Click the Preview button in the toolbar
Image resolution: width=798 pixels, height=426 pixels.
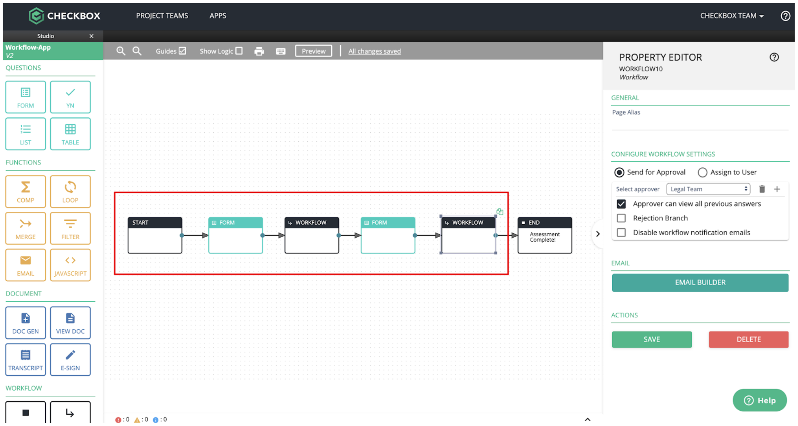click(313, 51)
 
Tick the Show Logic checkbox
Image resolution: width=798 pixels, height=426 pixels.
click(239, 51)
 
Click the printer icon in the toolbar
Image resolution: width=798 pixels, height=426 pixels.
click(259, 51)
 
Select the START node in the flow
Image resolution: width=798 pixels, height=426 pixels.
click(155, 235)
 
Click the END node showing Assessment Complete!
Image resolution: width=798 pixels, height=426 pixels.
click(544, 235)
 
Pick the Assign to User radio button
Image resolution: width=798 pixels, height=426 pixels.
click(702, 173)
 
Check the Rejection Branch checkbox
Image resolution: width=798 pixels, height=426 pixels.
click(621, 218)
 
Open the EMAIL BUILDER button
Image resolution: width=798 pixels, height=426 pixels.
click(700, 282)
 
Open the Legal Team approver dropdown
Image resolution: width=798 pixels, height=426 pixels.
click(708, 189)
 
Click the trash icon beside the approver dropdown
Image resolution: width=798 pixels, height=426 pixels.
click(762, 189)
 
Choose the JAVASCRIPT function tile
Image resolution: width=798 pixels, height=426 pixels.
click(70, 265)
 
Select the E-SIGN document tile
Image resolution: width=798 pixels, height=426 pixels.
click(70, 359)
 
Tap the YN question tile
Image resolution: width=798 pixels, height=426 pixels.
click(70, 97)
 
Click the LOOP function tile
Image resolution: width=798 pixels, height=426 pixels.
click(70, 192)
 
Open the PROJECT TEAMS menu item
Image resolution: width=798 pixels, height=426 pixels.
click(162, 16)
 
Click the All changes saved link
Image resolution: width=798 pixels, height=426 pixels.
click(374, 51)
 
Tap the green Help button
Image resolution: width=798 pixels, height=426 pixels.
click(760, 400)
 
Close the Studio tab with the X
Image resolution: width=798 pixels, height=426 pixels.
click(91, 36)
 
